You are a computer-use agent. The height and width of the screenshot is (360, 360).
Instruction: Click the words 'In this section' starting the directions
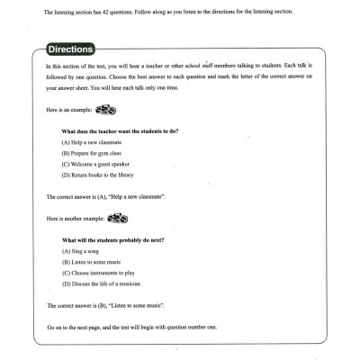pyautogui.click(x=65, y=67)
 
